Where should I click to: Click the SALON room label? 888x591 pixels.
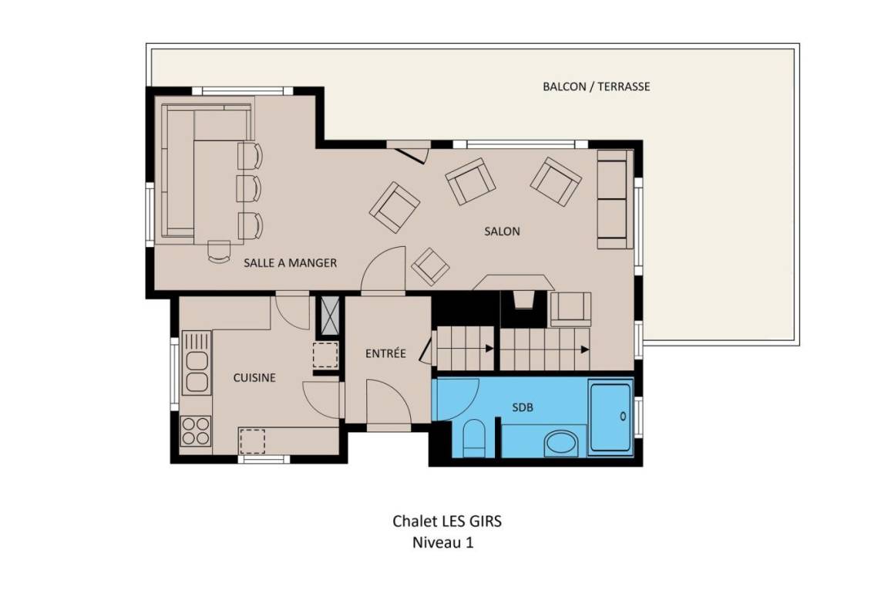pos(502,231)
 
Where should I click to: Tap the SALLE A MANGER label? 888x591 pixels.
pos(290,263)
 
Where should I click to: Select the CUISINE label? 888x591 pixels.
pos(254,377)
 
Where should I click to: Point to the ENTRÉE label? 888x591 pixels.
pos(385,353)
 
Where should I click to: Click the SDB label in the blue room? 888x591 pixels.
pos(522,407)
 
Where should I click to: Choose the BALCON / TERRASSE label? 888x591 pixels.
pos(597,86)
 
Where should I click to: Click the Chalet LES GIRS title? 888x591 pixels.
pos(447,521)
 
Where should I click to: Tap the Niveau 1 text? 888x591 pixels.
pos(443,542)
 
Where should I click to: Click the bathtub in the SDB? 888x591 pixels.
pos(610,417)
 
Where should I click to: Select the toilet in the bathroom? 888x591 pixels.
pos(474,438)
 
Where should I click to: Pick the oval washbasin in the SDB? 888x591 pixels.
pos(561,443)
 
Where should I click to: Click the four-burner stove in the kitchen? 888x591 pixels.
pos(195,431)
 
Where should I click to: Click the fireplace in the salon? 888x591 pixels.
pos(523,299)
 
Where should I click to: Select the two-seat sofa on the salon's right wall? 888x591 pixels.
pos(614,199)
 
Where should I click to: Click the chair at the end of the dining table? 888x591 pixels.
pos(219,252)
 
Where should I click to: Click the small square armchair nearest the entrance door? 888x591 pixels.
pos(430,266)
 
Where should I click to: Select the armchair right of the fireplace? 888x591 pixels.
pos(570,309)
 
